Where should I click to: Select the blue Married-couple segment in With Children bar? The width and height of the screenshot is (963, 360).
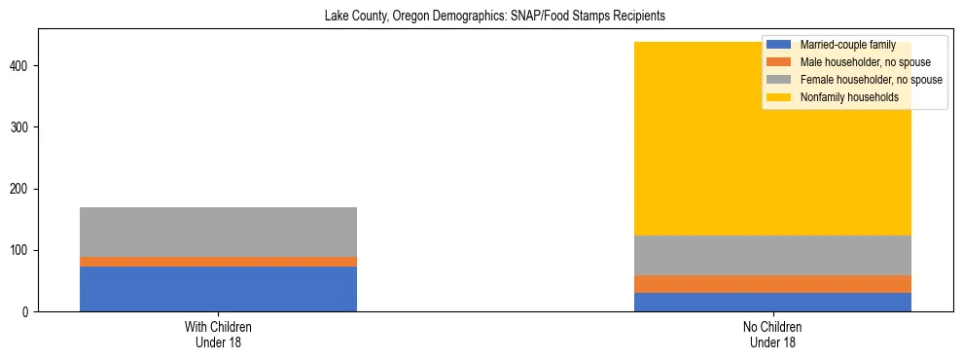pos(218,289)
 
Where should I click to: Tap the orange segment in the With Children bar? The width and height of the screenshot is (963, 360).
pos(218,262)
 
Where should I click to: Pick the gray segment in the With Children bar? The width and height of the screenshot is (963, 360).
pos(218,232)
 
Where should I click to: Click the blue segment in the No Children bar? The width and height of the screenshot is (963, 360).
pos(772,302)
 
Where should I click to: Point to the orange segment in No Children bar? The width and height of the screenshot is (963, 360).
pos(772,284)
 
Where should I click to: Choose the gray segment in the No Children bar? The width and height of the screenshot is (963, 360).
pos(772,255)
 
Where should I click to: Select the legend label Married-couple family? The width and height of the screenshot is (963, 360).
pos(847,45)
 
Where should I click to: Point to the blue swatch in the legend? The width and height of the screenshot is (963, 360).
pos(779,45)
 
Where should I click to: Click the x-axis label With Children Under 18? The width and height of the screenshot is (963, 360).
pos(218,335)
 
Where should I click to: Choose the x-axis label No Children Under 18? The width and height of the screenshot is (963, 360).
pos(772,335)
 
